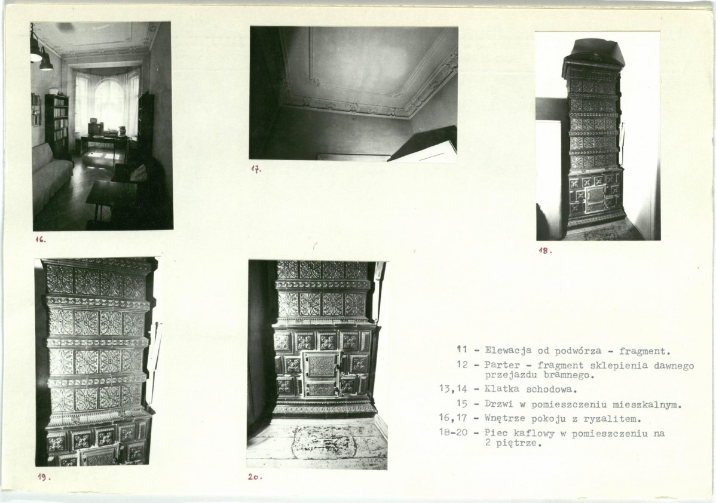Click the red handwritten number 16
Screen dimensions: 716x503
(x=41, y=239)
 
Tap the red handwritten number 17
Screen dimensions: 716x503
(x=256, y=169)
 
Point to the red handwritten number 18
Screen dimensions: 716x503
(x=545, y=250)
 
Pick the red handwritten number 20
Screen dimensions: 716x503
(x=255, y=477)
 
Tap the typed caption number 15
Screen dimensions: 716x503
(x=462, y=404)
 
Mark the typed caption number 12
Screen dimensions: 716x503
(x=462, y=364)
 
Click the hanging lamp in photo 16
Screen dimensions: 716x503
(x=45, y=59)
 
